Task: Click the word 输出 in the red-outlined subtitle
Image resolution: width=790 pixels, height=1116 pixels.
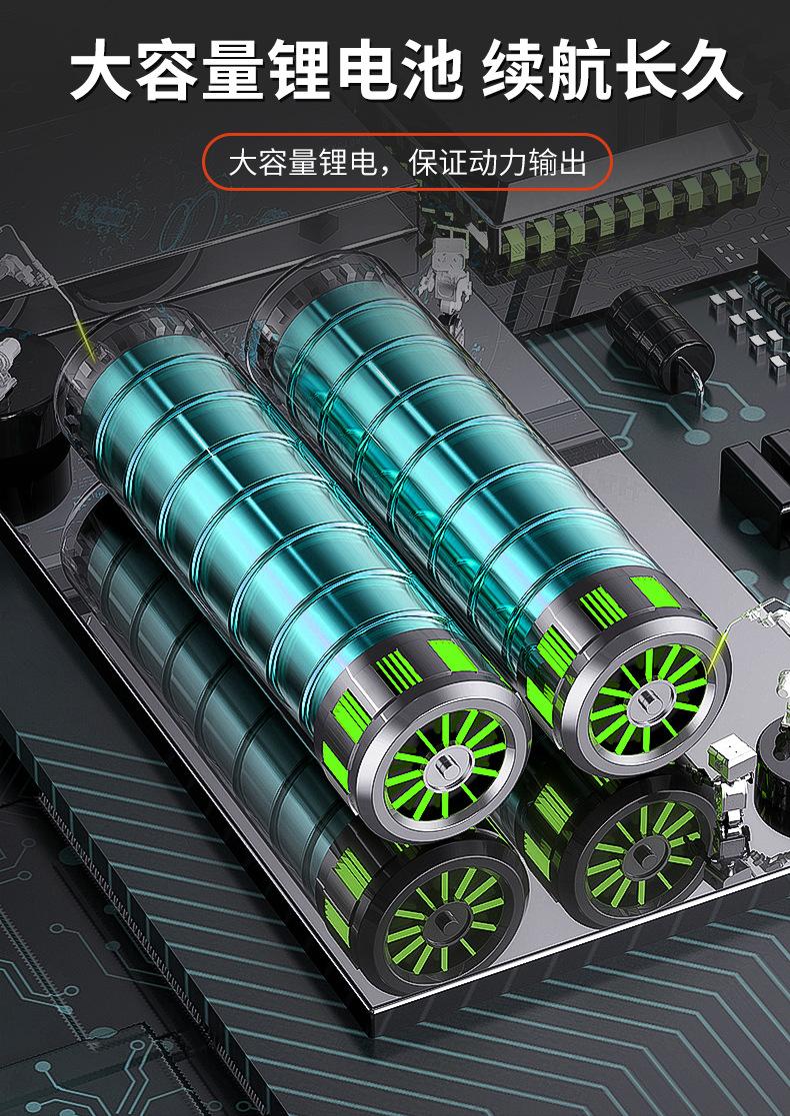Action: [558, 163]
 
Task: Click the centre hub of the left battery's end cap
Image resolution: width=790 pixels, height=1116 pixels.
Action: [445, 766]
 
